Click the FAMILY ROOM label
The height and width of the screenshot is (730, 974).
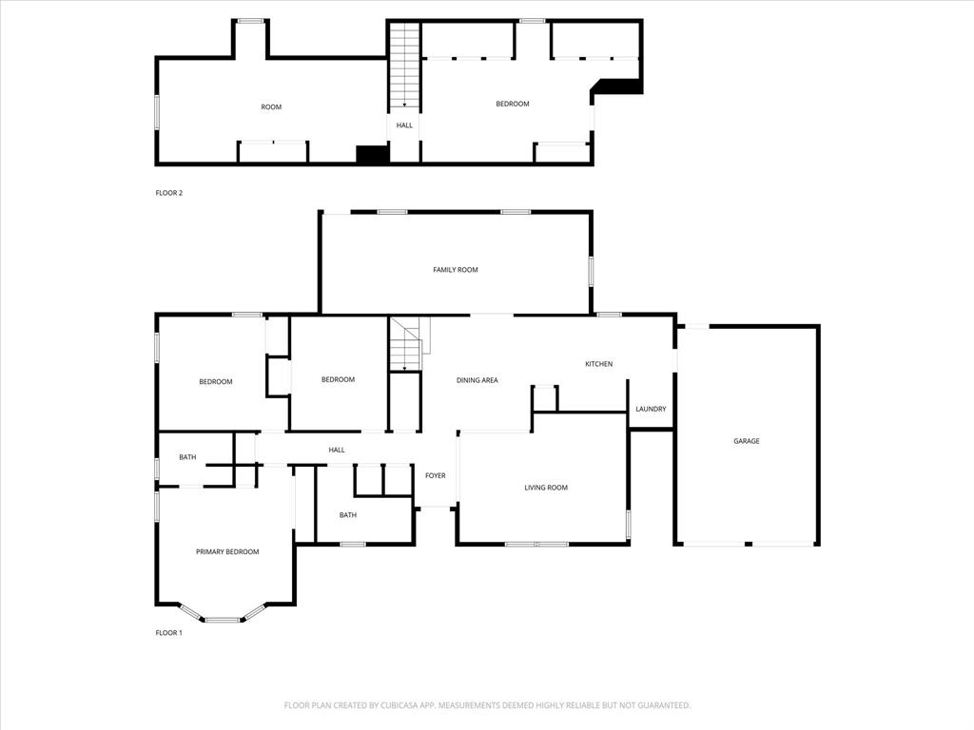pyautogui.click(x=456, y=270)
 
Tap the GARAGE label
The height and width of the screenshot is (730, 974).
pyautogui.click(x=746, y=441)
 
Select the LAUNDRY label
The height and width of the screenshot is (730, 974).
pyautogui.click(x=651, y=410)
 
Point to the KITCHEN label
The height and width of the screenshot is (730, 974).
pyautogui.click(x=598, y=364)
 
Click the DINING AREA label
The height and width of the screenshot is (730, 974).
pyautogui.click(x=477, y=380)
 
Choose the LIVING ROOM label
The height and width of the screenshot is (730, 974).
pyautogui.click(x=546, y=488)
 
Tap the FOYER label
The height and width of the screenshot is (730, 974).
pyautogui.click(x=435, y=475)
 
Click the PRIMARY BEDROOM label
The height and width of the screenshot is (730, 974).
pyautogui.click(x=227, y=551)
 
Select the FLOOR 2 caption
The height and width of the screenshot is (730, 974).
pyautogui.click(x=168, y=193)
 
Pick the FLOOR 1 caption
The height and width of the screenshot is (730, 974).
pyautogui.click(x=168, y=632)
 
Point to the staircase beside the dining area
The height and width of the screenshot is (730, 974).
pyautogui.click(x=406, y=345)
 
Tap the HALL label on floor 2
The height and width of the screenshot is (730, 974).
pyautogui.click(x=404, y=125)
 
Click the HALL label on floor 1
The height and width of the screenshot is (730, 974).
pyautogui.click(x=337, y=450)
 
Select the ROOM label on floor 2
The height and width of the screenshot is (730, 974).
pyautogui.click(x=271, y=107)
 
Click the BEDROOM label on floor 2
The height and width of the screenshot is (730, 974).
pyautogui.click(x=513, y=104)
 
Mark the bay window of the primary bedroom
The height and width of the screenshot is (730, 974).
pyautogui.click(x=223, y=619)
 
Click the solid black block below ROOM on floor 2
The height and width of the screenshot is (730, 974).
pyautogui.click(x=372, y=154)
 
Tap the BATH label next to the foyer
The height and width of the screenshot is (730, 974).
pyautogui.click(x=348, y=515)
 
